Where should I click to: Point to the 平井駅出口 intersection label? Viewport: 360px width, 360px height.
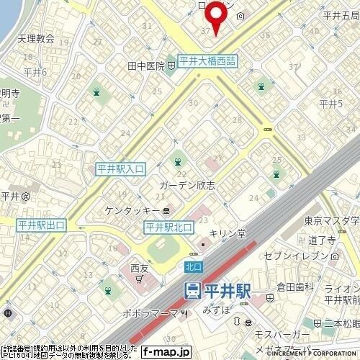click(x=42, y=226)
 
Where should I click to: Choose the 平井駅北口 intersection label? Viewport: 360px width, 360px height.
click(x=169, y=228)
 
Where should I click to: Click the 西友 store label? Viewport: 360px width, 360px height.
click(x=139, y=269)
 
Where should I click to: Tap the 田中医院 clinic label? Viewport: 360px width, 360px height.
click(x=143, y=66)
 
